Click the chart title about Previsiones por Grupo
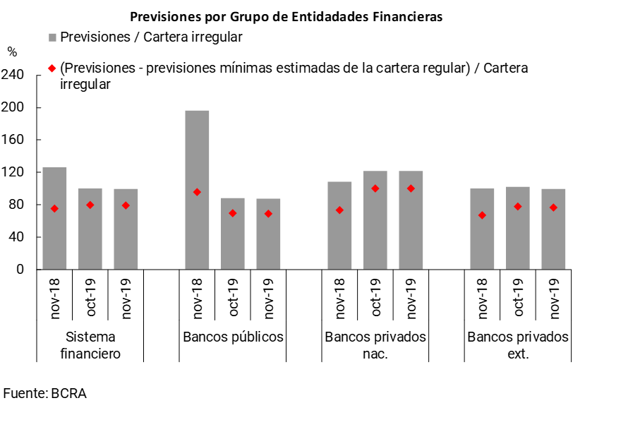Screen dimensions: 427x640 coord(286,17)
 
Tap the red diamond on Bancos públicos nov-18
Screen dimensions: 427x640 coord(197,192)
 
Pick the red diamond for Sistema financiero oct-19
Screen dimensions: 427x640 coord(90,205)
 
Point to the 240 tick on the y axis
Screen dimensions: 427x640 coord(15,75)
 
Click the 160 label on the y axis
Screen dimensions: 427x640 coord(15,140)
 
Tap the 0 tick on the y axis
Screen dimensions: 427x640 coord(19,270)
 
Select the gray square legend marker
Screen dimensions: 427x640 coord(52,37)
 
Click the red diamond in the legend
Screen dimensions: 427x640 coord(52,69)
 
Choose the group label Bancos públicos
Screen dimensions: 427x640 coord(233,337)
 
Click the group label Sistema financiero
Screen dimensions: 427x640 coord(90,345)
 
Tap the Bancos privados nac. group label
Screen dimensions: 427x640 coord(375,345)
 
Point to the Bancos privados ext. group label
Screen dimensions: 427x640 coord(518,345)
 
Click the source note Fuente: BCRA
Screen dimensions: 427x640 coord(44,393)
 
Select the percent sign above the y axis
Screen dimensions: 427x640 coord(12,52)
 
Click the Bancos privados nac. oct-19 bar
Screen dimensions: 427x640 coord(375,219)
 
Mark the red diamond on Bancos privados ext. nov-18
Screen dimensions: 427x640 coord(482,215)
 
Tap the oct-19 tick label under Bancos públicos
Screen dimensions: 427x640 coord(233,297)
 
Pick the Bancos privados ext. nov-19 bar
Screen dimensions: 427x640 coord(553,229)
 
